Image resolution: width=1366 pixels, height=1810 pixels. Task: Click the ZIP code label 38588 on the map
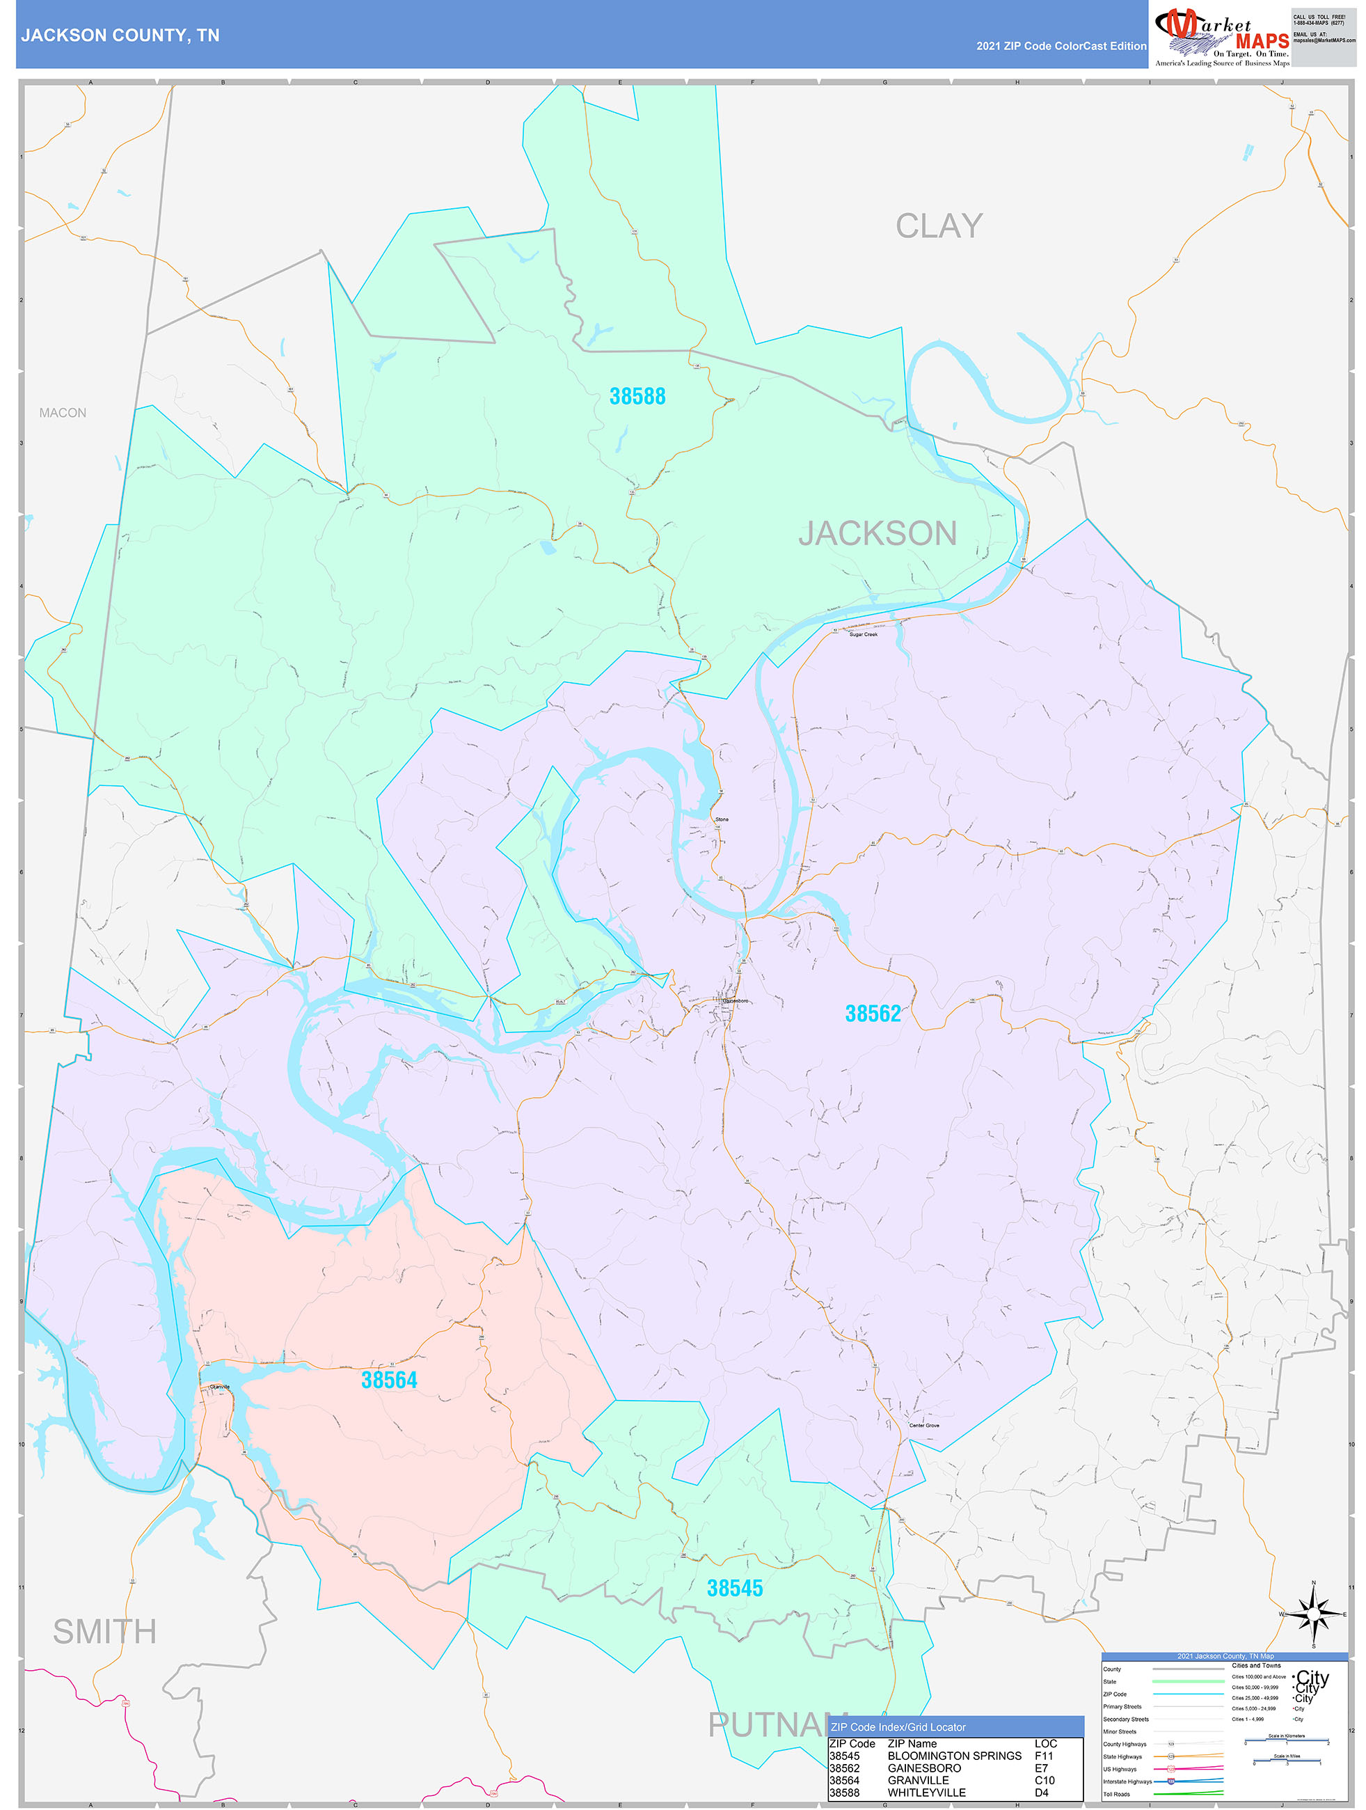pyautogui.click(x=637, y=397)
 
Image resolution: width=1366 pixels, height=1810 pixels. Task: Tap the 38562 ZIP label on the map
pyautogui.click(x=872, y=1014)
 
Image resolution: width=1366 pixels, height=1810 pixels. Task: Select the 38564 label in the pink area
pyautogui.click(x=390, y=1380)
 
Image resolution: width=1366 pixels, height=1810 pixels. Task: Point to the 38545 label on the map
pyautogui.click(x=735, y=1588)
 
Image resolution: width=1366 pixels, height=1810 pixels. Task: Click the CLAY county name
pyautogui.click(x=938, y=226)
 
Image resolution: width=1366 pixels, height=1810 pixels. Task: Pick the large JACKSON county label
pyautogui.click(x=877, y=533)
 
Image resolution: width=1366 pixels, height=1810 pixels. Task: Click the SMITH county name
pyautogui.click(x=104, y=1632)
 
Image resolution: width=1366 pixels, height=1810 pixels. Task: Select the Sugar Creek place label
pyautogui.click(x=863, y=635)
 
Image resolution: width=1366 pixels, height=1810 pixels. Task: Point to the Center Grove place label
pyautogui.click(x=924, y=1426)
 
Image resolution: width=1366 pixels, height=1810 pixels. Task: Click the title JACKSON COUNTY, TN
pyautogui.click(x=120, y=36)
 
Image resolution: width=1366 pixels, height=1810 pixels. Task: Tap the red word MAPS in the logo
pyautogui.click(x=1262, y=41)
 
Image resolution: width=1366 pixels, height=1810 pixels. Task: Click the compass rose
pyautogui.click(x=1314, y=1615)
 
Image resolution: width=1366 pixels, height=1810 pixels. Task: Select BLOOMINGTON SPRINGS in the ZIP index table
pyautogui.click(x=954, y=1756)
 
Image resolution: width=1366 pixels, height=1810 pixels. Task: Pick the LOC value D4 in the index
pyautogui.click(x=1041, y=1793)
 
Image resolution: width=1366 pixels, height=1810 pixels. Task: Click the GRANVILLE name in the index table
pyautogui.click(x=918, y=1781)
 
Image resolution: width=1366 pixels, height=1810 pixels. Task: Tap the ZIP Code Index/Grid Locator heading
pyautogui.click(x=898, y=1727)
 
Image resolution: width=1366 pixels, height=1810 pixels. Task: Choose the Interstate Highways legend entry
pyautogui.click(x=1127, y=1781)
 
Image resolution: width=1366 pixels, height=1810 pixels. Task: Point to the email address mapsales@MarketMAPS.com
pyautogui.click(x=1324, y=40)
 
